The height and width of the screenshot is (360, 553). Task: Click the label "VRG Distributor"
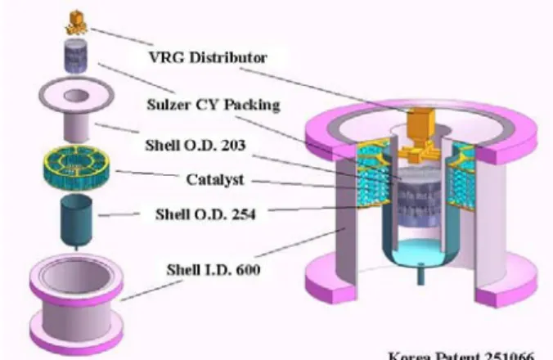(208, 57)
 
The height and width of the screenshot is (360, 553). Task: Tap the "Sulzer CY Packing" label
(214, 105)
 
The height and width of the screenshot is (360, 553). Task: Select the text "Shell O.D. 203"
(195, 146)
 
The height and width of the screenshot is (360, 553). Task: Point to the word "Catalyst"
(215, 179)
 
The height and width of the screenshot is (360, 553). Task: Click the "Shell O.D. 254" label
(205, 214)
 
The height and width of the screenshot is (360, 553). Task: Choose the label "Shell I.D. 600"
(214, 270)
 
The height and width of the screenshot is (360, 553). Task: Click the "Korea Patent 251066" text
(461, 355)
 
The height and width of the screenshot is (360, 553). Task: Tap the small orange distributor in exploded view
(76, 23)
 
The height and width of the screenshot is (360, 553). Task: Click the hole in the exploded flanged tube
(75, 95)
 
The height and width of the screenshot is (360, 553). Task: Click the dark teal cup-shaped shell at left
(76, 221)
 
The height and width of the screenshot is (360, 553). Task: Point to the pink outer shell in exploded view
(76, 304)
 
